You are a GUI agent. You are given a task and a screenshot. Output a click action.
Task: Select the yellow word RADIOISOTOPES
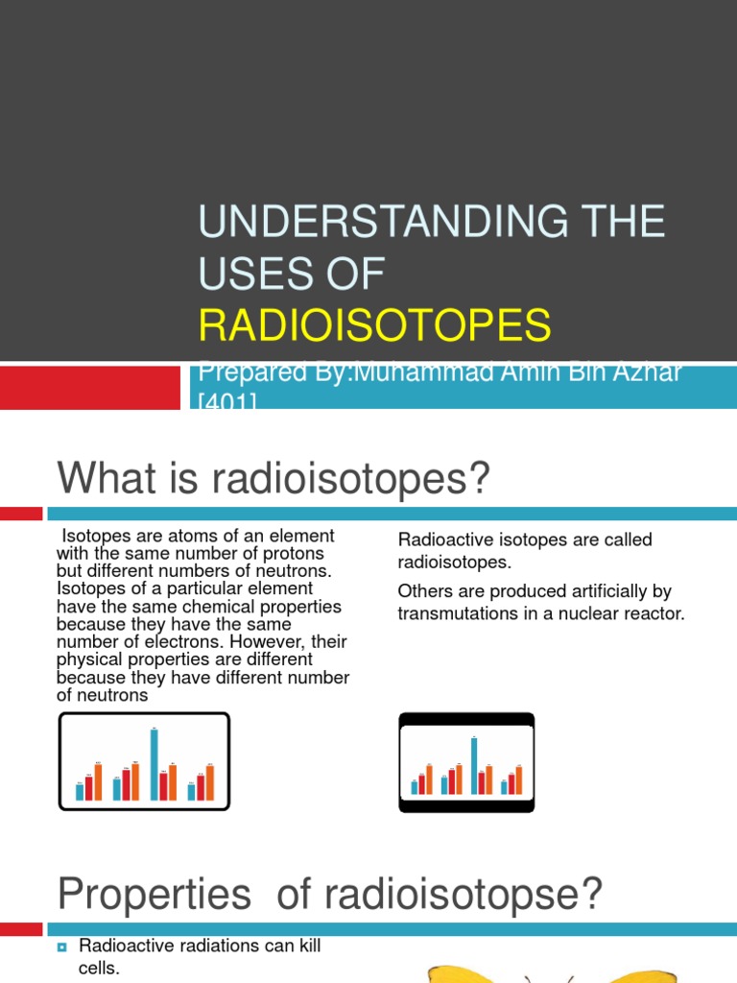point(375,325)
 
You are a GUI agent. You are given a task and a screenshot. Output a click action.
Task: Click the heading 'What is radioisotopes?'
point(273,477)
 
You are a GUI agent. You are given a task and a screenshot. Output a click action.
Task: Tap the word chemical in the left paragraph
point(224,607)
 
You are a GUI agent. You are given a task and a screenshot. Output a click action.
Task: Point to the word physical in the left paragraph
point(89,659)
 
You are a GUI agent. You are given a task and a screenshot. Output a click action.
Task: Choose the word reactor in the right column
point(657,613)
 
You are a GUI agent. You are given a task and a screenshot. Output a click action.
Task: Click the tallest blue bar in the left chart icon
point(155,764)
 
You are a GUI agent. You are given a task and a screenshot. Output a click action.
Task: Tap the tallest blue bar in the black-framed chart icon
point(473,765)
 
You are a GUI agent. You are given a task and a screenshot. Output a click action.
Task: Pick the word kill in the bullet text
point(308,947)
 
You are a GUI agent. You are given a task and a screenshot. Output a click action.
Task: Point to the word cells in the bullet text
point(99,969)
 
